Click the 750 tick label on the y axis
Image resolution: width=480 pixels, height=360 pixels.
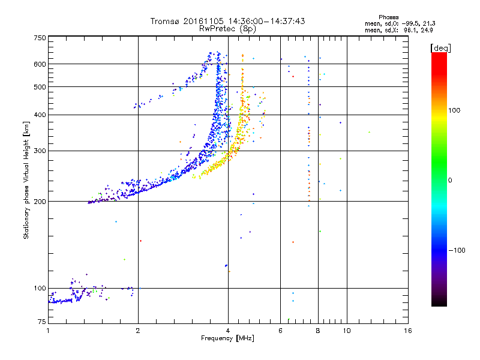click(40, 38)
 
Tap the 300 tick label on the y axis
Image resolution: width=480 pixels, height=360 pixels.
click(40, 151)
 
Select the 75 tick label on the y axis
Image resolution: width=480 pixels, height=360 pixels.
click(41, 322)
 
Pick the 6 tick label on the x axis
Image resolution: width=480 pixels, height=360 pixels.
click(281, 331)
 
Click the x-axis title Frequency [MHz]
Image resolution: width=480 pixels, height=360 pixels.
click(228, 339)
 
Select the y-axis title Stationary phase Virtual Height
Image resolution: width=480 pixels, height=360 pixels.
click(26, 180)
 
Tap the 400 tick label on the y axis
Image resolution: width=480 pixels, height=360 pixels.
click(40, 115)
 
